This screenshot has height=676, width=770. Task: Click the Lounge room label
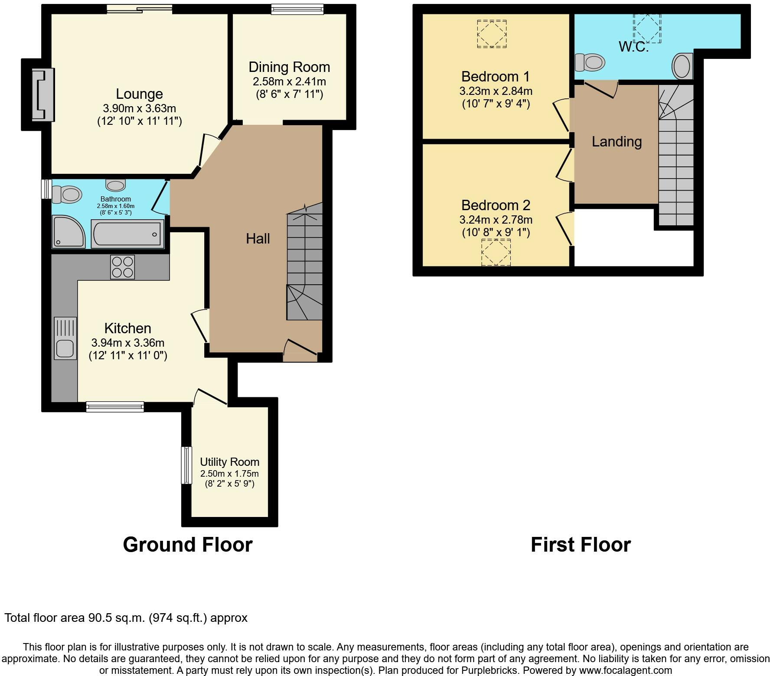pos(139,94)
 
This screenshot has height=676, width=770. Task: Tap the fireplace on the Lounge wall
pos(43,94)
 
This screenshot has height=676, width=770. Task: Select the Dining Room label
pos(289,67)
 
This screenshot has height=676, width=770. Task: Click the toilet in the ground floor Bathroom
pos(67,194)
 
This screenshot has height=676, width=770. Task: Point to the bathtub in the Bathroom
pos(127,233)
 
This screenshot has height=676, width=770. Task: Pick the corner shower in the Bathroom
pos(69,232)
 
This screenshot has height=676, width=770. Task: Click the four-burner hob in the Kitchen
pos(122,267)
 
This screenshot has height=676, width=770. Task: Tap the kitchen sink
pos(65,338)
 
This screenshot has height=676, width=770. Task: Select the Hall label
pos(258,238)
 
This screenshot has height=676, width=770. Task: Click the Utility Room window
pos(186,465)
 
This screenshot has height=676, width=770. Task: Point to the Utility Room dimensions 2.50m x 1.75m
pos(229,474)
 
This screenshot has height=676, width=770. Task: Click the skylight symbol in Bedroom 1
pos(492,34)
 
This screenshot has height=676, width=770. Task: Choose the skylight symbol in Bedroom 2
pos(496,252)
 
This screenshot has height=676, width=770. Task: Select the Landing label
pos(617,142)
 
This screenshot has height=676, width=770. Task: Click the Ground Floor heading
pos(188,545)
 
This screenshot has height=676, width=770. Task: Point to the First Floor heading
pos(581,545)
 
